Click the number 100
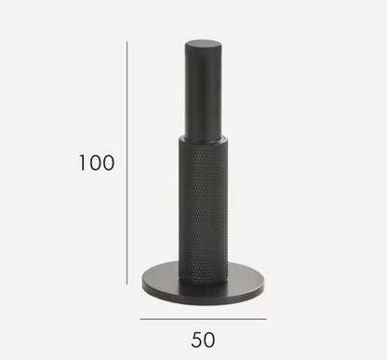click(97, 164)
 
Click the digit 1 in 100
click(83, 164)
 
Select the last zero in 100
click(110, 164)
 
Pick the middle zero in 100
click(97, 164)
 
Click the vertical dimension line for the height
click(127, 163)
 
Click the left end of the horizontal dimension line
click(140, 318)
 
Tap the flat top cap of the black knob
click(203, 44)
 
